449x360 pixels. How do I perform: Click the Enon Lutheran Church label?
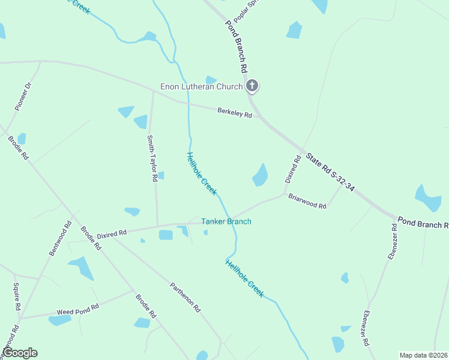[x=201, y=86]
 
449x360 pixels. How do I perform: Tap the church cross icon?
[x=252, y=86]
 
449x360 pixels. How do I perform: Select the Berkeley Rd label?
[x=235, y=112]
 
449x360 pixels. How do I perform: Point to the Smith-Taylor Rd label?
[x=152, y=158]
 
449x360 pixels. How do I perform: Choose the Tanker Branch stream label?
[x=226, y=221]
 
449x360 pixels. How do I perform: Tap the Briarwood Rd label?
[x=307, y=201]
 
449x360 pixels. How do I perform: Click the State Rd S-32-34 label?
[x=330, y=172]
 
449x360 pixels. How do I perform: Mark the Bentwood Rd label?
[x=60, y=238]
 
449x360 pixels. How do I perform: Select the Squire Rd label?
[x=17, y=296]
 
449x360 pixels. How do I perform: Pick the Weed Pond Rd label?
[x=77, y=313]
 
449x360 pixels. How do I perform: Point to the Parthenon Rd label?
[x=185, y=298]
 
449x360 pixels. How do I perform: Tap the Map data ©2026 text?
[x=424, y=355]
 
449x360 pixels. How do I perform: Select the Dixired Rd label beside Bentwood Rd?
[x=112, y=232]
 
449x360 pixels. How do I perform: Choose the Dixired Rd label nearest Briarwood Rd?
[x=292, y=169]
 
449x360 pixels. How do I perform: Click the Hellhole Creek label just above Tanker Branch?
[x=201, y=173]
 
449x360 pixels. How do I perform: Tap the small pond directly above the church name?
[x=211, y=79]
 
